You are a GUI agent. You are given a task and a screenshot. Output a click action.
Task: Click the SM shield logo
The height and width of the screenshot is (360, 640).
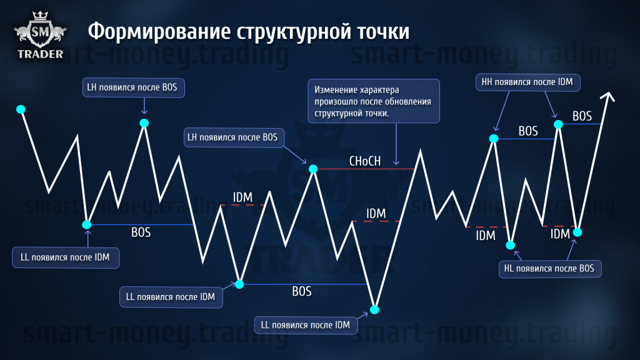point(40,32)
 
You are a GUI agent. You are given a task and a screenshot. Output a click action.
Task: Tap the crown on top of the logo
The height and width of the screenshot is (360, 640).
point(40,16)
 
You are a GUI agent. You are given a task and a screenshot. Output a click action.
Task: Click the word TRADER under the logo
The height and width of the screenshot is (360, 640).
point(41,54)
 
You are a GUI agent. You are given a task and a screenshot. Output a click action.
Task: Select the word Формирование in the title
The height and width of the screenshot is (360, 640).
point(159,32)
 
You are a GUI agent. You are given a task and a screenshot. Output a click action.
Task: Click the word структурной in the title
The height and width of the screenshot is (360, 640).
point(294,32)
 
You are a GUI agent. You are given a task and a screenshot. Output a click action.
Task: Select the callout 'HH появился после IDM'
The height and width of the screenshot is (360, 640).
point(527,82)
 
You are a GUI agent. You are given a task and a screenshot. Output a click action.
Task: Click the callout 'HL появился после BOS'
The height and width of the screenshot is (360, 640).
point(550,269)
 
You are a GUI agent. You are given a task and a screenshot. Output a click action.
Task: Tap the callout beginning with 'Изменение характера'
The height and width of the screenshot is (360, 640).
point(374,101)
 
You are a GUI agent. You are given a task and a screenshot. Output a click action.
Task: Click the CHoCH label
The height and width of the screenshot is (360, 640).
point(365,161)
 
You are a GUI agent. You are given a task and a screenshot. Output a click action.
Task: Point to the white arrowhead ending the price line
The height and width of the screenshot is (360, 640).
point(607,97)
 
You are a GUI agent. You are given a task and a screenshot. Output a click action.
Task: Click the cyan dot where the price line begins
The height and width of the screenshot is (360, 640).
point(21,109)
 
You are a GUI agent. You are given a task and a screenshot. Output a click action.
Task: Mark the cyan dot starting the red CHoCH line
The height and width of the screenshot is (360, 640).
point(313,169)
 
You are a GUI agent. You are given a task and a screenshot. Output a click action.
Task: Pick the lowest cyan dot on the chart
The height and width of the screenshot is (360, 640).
point(375,310)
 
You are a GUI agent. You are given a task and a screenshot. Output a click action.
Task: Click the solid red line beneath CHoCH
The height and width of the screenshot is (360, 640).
point(366,169)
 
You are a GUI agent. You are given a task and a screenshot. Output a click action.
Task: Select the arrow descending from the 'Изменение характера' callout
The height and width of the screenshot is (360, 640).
point(396,144)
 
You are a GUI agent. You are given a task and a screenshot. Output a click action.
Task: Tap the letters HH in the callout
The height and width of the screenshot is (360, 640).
point(487,82)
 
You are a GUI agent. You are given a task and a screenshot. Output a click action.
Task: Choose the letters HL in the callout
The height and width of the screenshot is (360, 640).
point(509,269)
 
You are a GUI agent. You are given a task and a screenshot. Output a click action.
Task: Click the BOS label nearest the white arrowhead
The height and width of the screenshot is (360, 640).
point(582,116)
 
